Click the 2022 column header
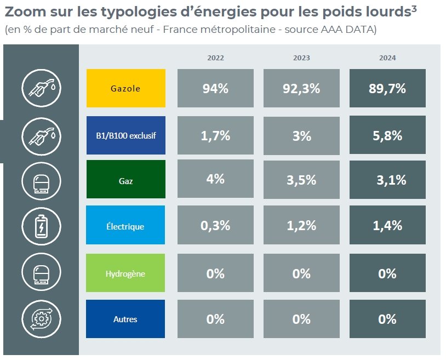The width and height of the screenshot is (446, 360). point(215,58)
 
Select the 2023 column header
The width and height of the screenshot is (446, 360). point(301,58)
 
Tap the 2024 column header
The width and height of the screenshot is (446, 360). point(387,58)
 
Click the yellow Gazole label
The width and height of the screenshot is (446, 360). point(125,88)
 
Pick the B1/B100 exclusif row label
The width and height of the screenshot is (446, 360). point(125,135)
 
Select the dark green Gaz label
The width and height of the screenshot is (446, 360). point(125,179)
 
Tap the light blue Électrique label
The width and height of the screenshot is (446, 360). point(125,225)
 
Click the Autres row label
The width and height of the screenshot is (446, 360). point(125,319)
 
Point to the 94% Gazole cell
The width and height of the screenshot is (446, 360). point(215,88)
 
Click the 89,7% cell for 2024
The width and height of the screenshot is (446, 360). point(387,88)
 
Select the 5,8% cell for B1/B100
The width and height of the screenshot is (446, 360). point(387,135)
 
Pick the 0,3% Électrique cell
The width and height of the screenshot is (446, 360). point(215,225)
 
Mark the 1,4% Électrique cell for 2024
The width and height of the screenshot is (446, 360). point(387,225)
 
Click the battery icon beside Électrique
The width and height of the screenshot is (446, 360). point(42,225)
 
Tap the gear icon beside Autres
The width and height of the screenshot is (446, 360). point(42,319)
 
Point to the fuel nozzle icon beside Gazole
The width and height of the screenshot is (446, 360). point(42,88)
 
